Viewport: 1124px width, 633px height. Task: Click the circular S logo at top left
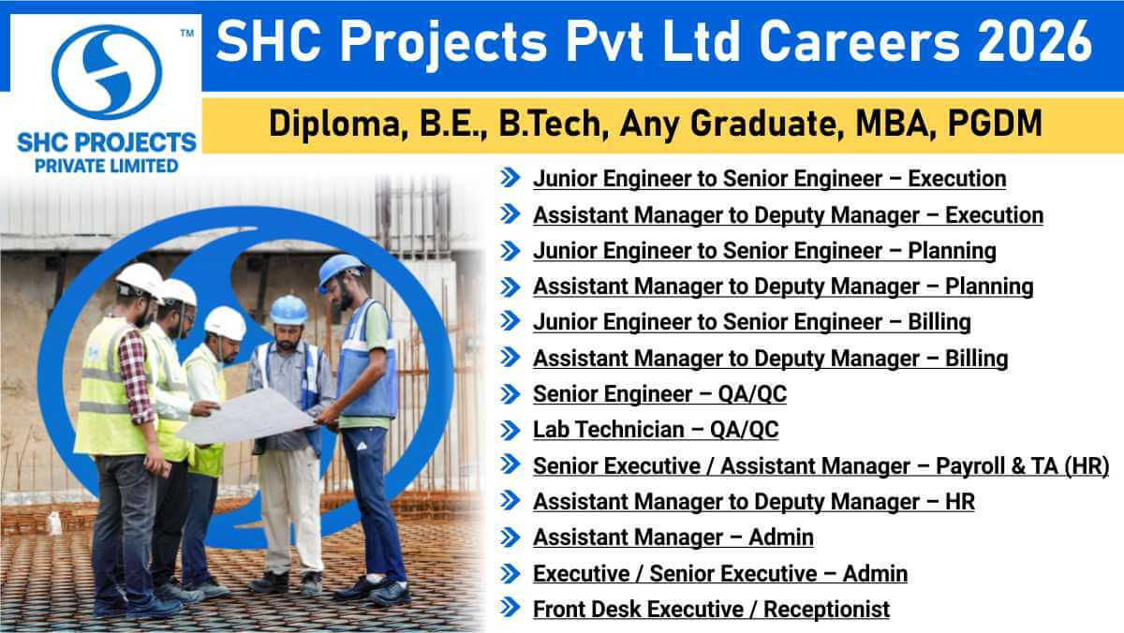[x=106, y=71]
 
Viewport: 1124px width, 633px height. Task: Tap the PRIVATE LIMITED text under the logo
[x=106, y=166]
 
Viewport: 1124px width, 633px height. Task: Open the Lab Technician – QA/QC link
[x=656, y=430]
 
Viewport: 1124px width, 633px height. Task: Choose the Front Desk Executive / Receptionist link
[x=711, y=609]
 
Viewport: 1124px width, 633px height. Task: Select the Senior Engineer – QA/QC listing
[x=659, y=394]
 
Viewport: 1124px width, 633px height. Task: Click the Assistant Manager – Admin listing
[x=673, y=537]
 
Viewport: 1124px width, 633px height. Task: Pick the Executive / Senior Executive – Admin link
[x=719, y=573]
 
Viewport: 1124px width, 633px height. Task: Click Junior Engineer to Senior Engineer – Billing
[x=751, y=322]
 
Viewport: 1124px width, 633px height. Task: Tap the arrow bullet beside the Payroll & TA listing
[x=510, y=465]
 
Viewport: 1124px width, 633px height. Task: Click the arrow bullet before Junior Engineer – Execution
[x=510, y=178]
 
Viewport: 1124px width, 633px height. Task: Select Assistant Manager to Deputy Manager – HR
[x=753, y=502]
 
